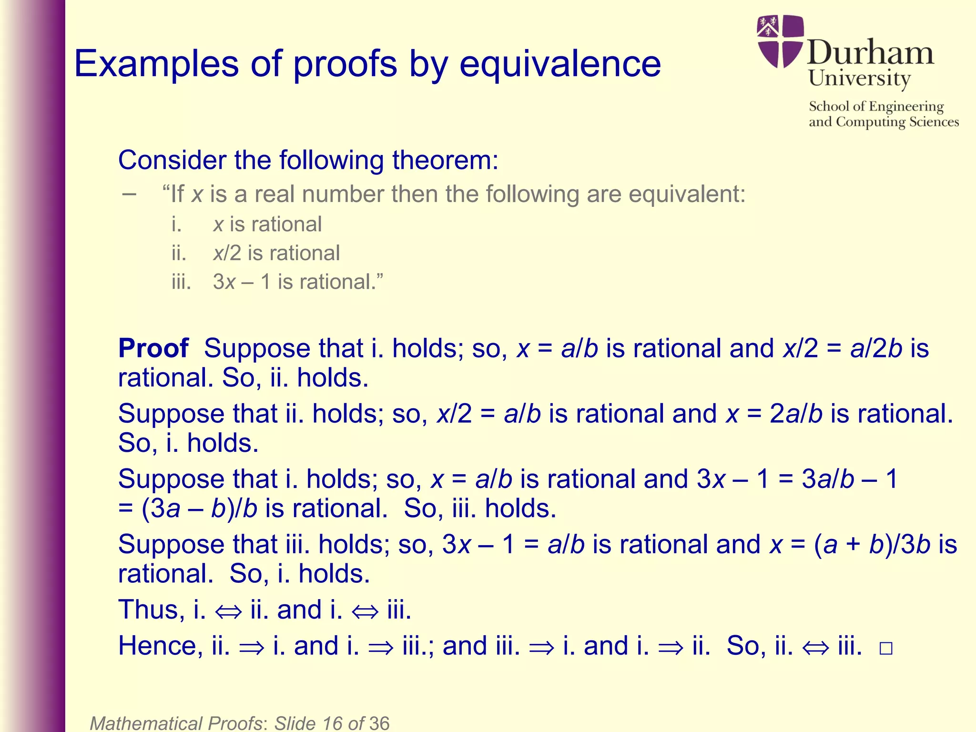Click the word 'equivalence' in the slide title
(x=560, y=64)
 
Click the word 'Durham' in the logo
(x=870, y=52)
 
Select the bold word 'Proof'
(x=153, y=348)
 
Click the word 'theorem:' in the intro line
(x=445, y=160)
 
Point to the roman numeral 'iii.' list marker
(x=181, y=282)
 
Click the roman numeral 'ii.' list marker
(x=179, y=253)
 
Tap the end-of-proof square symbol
(x=885, y=649)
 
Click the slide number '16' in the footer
(x=332, y=723)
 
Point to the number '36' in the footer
(x=379, y=723)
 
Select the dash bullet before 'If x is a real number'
(x=129, y=194)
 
